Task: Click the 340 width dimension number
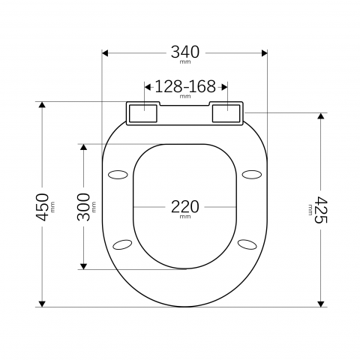185,52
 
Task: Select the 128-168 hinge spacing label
185,86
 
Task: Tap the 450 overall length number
42,207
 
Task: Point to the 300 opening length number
83,207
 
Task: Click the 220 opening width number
185,207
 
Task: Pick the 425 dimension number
321,210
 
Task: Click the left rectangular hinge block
143,113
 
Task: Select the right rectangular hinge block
226,113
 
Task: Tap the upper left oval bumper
118,175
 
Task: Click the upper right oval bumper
252,175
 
